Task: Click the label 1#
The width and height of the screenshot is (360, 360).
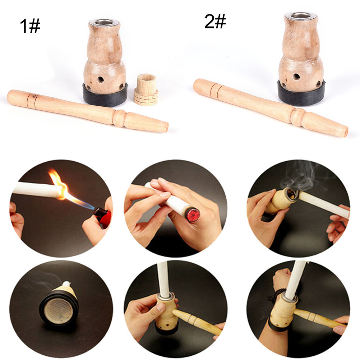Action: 30,26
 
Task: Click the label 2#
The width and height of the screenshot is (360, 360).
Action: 215,21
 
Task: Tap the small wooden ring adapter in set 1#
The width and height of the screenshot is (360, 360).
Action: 146,89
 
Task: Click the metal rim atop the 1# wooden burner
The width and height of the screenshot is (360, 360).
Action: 104,23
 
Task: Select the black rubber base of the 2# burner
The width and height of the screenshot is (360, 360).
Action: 301,93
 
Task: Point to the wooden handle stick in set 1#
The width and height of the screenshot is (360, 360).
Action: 87,111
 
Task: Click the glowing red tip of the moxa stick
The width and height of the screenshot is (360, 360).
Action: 193,214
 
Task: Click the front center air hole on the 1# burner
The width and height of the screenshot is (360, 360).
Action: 100,80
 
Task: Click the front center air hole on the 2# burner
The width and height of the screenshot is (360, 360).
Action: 296,77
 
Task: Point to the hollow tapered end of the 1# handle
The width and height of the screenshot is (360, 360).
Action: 166,127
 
